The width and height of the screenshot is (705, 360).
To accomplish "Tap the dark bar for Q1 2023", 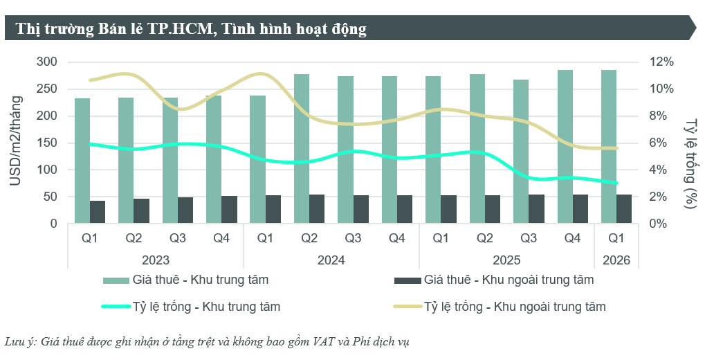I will pos(98,212).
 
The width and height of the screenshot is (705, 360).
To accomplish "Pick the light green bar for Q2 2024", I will pos(302,149).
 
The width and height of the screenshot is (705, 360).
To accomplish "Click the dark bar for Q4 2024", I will pos(404,210).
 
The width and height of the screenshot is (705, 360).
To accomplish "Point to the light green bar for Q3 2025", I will pos(521,152).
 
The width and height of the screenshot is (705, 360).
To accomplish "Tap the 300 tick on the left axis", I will pos(48,62).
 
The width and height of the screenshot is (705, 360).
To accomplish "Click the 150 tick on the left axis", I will pos(48,143).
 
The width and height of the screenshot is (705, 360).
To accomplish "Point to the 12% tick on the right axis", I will pos(661,62).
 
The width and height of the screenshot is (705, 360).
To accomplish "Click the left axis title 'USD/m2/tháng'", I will pos(15,143).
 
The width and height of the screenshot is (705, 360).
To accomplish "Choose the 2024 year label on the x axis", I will pos(331,261).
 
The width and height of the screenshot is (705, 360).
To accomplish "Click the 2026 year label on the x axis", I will pos(616,261).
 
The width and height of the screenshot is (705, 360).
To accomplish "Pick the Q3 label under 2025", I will pos(529,239).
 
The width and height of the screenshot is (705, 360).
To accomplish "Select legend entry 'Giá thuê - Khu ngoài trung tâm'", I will pos(509,280).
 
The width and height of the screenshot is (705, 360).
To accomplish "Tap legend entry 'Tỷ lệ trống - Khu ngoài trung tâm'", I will pos(515,306).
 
